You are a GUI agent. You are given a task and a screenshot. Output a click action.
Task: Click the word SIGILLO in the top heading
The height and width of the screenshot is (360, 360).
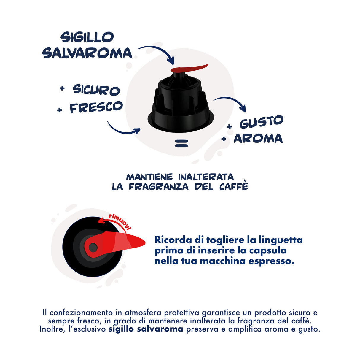click(x=87, y=37)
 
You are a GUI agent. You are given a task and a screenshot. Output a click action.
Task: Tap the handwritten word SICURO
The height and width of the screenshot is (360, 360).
click(x=96, y=90)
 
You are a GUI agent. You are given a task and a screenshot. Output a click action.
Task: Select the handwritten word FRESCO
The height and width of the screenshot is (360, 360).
click(x=96, y=107)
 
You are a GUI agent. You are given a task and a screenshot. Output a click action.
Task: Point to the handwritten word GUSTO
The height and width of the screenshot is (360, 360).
click(x=262, y=122)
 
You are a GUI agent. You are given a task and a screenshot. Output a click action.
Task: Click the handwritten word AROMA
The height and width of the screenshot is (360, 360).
click(x=258, y=139)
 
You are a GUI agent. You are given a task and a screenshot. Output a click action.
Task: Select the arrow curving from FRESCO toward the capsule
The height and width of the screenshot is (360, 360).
click(x=122, y=130)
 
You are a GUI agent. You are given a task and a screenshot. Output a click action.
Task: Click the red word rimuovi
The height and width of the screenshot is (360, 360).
click(x=120, y=221)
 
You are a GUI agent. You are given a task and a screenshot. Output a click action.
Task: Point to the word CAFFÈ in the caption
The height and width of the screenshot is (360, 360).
click(x=234, y=187)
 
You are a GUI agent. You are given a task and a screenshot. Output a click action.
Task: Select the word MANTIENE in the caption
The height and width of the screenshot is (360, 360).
click(x=149, y=177)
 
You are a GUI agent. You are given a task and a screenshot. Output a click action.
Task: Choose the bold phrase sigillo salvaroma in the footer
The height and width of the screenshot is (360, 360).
click(x=146, y=329)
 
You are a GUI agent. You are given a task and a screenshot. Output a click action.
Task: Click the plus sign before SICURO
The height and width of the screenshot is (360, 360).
click(x=62, y=88)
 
